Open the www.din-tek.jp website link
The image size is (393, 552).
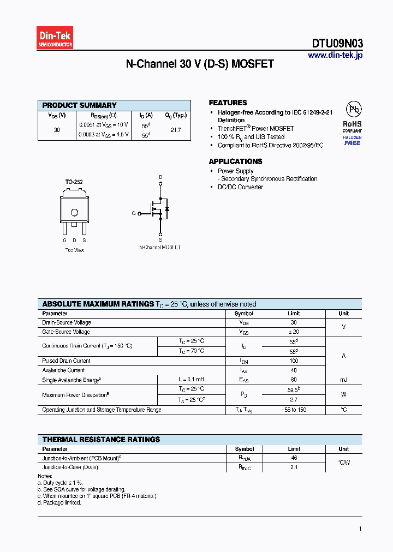[335, 55]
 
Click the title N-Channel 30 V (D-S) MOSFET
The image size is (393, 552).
[200, 64]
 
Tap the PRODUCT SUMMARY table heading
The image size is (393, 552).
[79, 105]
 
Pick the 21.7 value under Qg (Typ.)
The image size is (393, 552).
[175, 130]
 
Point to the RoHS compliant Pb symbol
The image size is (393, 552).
[352, 109]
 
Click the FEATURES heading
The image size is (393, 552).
[228, 103]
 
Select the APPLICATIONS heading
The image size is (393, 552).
[235, 161]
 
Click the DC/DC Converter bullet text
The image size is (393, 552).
[240, 187]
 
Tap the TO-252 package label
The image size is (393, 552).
[74, 182]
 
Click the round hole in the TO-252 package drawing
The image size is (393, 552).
[74, 213]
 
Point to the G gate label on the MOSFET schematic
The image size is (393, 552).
[133, 213]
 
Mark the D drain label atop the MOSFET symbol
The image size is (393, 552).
[160, 177]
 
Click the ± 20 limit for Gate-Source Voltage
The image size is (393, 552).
[294, 332]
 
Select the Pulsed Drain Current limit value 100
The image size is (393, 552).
[294, 361]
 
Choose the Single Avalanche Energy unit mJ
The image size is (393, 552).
[343, 380]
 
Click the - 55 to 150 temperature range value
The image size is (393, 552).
[294, 410]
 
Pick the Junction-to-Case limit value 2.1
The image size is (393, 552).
[294, 467]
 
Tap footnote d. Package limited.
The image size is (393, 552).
[59, 502]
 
